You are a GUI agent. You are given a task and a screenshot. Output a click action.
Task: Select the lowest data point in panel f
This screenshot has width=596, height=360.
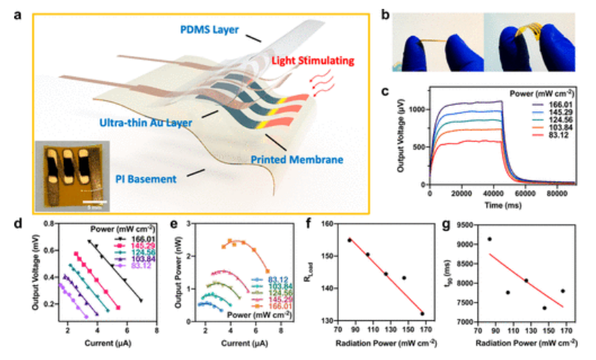(x=422, y=314)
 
